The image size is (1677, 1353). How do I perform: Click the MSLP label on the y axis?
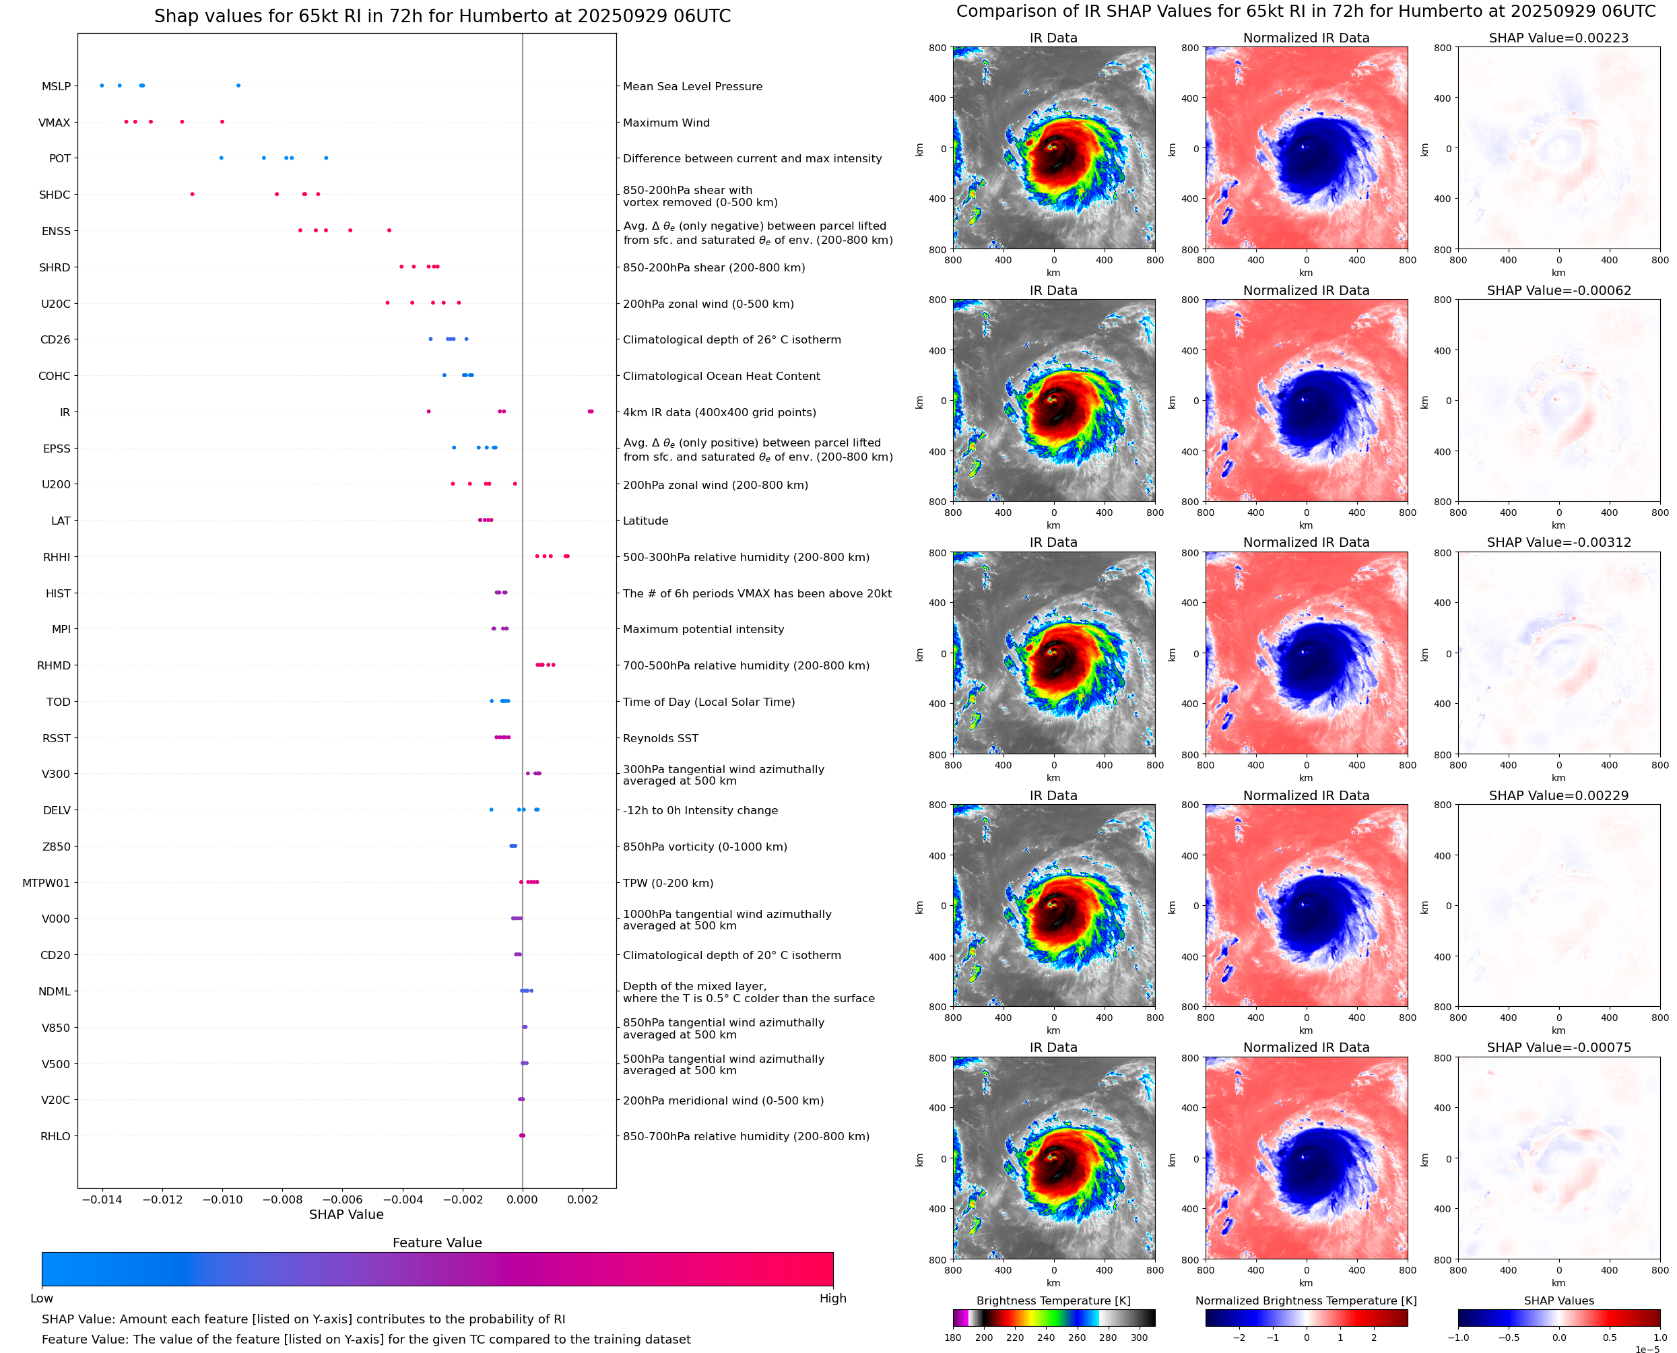coord(56,86)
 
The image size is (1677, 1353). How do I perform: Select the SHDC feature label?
coord(55,195)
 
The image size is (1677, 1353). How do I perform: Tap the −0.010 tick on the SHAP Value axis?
coord(222,1199)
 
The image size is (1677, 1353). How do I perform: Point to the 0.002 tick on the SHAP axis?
coord(582,1199)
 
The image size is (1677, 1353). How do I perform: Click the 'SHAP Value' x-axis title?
coord(346,1214)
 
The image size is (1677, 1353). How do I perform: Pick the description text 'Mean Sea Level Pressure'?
coord(692,86)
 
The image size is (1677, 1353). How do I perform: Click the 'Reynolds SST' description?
coord(660,738)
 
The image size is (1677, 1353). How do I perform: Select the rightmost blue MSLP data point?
coord(238,86)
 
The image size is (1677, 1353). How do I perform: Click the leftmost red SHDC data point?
coord(193,194)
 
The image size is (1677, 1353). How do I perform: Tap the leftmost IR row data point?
coord(428,411)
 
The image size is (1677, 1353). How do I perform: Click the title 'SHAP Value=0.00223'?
coord(1558,38)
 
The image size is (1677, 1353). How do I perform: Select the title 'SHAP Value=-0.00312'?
coord(1558,542)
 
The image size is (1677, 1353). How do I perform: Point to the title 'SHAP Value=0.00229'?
coord(1558,796)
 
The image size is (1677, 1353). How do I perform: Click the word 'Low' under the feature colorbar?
coord(41,1298)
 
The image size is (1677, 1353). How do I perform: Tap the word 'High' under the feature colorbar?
coord(832,1298)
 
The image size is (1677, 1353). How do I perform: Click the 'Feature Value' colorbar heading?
coord(437,1243)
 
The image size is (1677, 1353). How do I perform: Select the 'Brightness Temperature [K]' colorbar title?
coord(1053,1300)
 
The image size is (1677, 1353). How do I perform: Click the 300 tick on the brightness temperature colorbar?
coord(1140,1338)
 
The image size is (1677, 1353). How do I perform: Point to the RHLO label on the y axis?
coord(55,1136)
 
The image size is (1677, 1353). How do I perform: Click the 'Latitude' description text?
coord(645,521)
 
